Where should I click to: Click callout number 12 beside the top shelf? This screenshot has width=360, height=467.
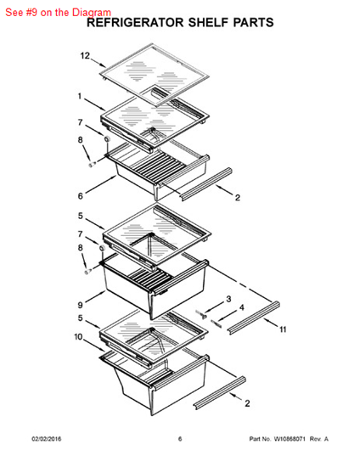[85, 56]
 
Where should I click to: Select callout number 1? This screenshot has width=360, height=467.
[80, 96]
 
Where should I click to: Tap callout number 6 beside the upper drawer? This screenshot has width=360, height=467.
[81, 196]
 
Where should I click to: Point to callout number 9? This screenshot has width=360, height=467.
[80, 305]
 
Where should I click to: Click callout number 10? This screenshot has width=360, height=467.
[78, 337]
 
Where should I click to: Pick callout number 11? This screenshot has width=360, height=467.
[283, 329]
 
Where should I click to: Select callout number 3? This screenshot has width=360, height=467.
[228, 299]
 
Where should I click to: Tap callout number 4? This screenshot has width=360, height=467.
[242, 307]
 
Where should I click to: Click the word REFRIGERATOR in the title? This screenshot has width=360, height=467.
[135, 23]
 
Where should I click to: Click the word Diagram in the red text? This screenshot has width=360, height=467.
[92, 13]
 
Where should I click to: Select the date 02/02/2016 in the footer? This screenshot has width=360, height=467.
[47, 439]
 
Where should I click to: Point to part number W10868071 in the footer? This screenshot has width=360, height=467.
[290, 439]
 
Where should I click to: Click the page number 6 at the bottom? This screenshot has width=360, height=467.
[180, 439]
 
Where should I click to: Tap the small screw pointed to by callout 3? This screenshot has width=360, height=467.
[202, 314]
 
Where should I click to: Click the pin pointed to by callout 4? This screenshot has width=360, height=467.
[217, 324]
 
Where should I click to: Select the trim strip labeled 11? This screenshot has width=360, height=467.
[253, 318]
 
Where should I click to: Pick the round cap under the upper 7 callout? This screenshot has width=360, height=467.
[107, 138]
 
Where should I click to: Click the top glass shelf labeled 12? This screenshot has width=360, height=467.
[155, 74]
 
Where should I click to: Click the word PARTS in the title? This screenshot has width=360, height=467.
[253, 23]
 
